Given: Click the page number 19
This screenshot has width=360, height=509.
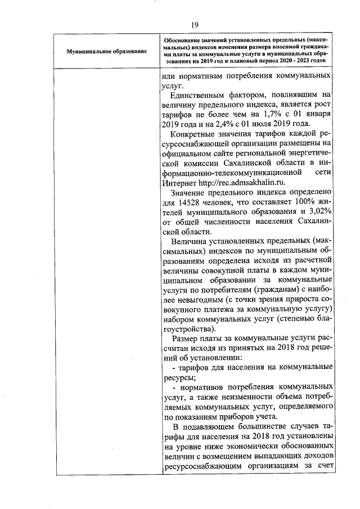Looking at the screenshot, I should [195, 24].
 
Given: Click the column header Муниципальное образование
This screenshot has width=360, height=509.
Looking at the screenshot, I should [106, 51].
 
